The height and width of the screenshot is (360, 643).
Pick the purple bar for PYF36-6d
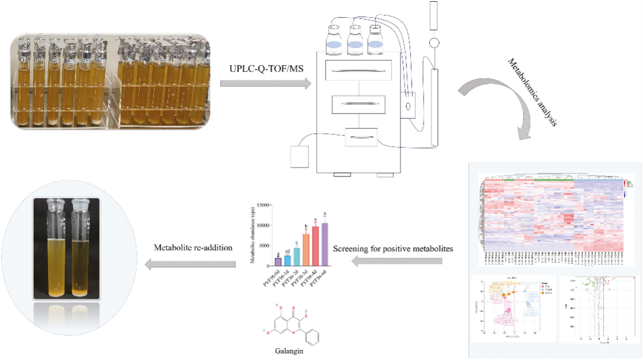(324, 245)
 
